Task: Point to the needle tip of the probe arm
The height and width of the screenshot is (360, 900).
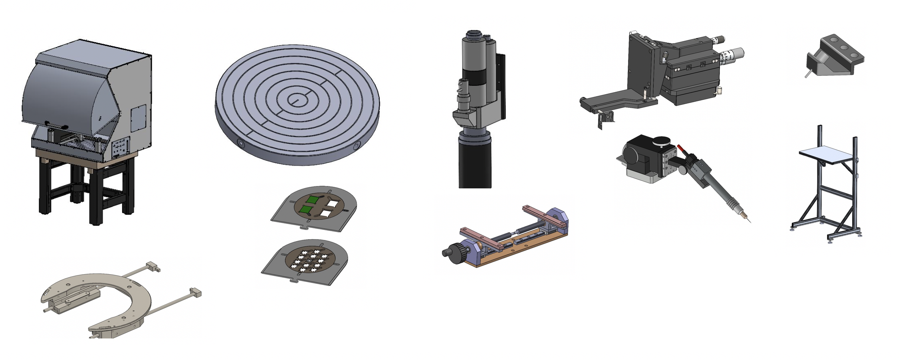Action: pos(749,221)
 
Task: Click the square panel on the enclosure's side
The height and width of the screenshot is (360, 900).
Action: pos(139,118)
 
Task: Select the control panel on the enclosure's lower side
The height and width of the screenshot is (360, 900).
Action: pos(121,148)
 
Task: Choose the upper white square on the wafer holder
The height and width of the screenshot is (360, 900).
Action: pos(332,204)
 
